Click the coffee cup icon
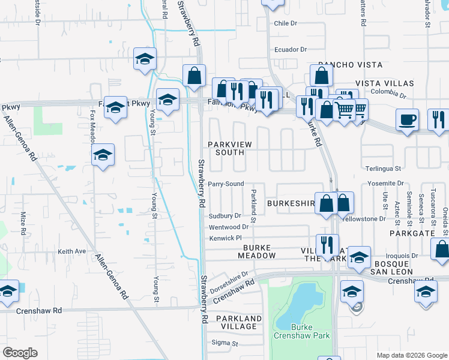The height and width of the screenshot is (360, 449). tap(408, 119)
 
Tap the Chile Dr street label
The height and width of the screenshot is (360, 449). tap(285, 23)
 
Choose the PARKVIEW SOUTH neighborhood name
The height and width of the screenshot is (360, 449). tap(226, 148)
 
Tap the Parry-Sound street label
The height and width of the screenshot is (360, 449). tap(226, 184)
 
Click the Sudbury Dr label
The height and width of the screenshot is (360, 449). tap(224, 216)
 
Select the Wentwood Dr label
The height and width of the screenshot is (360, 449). tap(228, 227)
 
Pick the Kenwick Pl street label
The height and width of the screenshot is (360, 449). tap(224, 238)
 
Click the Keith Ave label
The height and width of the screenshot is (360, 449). tap(72, 251)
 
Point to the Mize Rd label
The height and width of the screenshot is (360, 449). tap(23, 222)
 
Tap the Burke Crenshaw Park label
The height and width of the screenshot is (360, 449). tap(303, 331)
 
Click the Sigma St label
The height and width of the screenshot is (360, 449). tap(225, 343)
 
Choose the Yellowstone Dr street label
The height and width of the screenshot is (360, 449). tap(363, 219)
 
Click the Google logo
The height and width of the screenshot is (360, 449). tap(20, 353)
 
